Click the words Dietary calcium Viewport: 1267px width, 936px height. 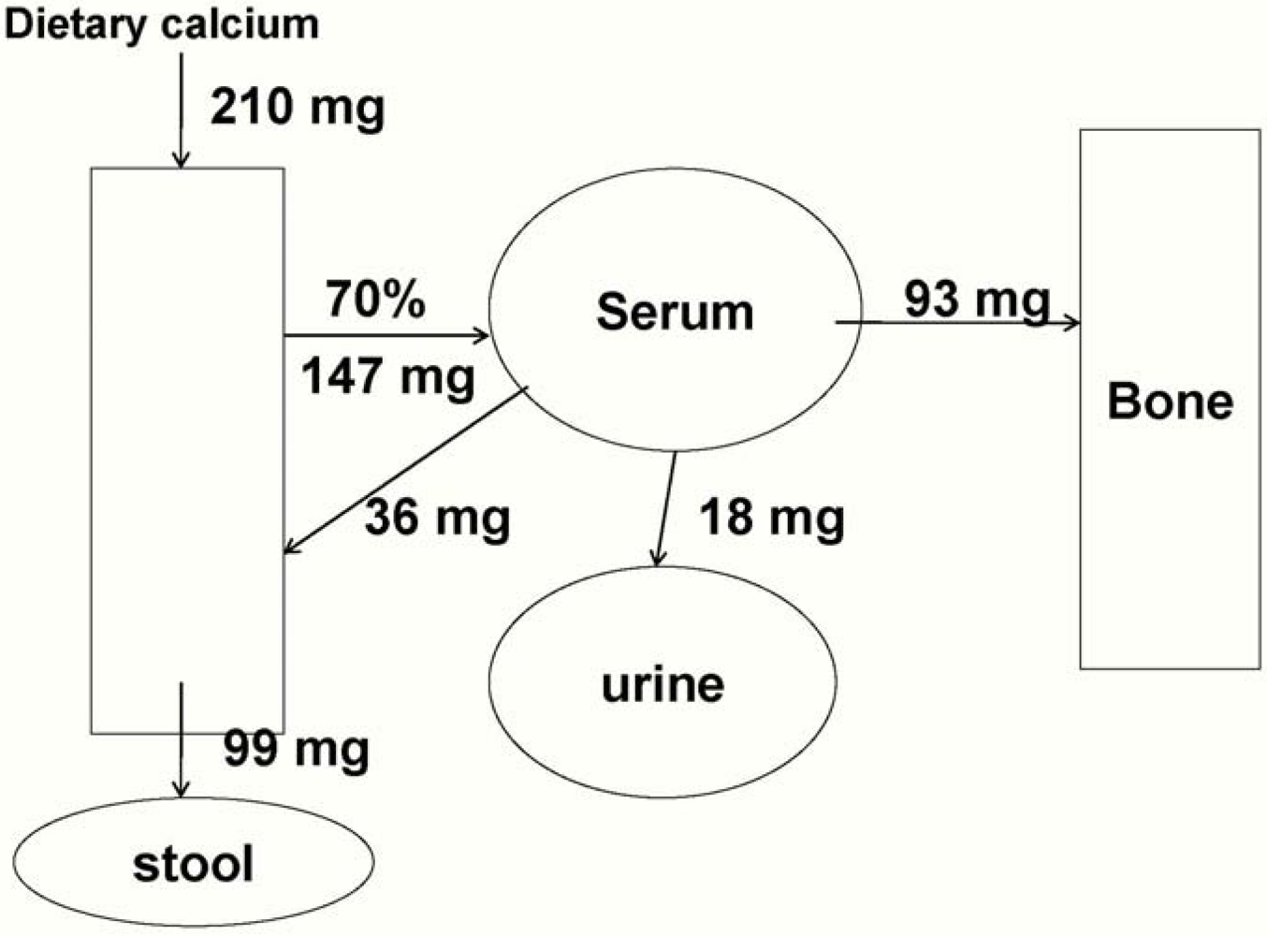161,24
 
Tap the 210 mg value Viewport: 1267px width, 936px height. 297,107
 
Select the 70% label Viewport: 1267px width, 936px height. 375,300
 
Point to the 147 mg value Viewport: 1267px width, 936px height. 387,376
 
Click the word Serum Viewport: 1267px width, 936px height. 675,312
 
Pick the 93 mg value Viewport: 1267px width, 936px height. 976,300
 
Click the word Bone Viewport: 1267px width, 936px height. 1170,402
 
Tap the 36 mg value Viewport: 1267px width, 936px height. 437,517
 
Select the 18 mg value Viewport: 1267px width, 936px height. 772,517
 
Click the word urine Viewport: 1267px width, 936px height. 663,684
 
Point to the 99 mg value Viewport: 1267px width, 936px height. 296,749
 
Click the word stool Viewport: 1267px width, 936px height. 193,863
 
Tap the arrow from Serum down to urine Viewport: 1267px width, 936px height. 664,509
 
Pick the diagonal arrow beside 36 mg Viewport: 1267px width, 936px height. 405,470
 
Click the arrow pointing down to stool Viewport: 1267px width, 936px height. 182,739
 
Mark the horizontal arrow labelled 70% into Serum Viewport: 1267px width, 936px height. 386,335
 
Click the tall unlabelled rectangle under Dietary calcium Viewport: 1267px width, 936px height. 187,449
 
